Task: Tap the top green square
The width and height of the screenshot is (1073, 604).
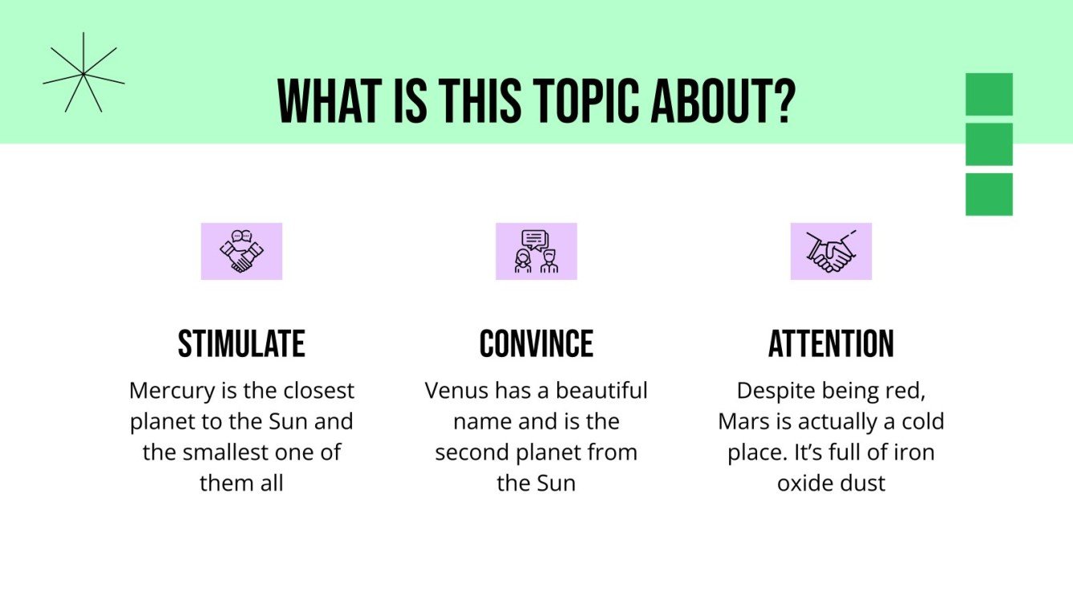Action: tap(989, 94)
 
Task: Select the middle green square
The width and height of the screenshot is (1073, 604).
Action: tap(989, 144)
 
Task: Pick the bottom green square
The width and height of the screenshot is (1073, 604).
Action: tap(989, 194)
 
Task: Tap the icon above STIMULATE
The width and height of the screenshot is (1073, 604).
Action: tap(241, 251)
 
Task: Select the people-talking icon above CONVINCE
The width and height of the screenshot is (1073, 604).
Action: tap(536, 251)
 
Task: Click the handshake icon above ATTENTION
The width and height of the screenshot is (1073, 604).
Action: tap(831, 251)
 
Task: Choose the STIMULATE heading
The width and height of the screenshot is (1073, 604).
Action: tap(241, 344)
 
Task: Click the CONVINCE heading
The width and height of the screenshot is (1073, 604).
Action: tap(536, 344)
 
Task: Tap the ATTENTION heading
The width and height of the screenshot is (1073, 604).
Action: tap(831, 344)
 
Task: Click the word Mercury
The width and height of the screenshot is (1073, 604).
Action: tap(167, 391)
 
